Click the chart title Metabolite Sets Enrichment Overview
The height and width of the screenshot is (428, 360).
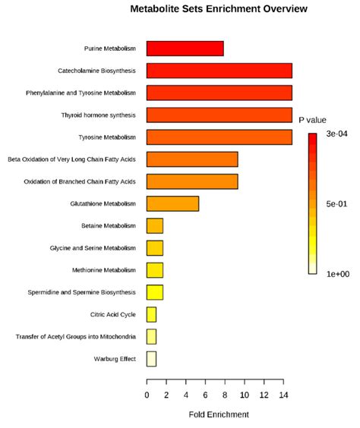[208, 9]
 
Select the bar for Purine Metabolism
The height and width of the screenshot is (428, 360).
[185, 49]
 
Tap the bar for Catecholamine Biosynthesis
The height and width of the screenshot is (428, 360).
[219, 71]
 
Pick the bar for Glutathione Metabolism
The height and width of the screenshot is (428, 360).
[172, 203]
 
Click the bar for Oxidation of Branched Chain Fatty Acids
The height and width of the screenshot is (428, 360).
[192, 181]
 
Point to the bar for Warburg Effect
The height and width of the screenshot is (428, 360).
[151, 358]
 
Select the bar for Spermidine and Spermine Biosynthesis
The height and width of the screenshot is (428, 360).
[155, 292]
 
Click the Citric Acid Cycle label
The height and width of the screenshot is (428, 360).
[113, 314]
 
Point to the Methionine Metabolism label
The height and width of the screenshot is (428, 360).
[105, 270]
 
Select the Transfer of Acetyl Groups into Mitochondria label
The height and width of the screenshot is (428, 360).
[76, 336]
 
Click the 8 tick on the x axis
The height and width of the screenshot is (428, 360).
[225, 395]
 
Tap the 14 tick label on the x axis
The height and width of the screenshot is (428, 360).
[283, 395]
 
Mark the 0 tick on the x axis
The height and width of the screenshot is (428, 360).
[147, 395]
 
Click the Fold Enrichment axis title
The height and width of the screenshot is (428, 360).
[219, 415]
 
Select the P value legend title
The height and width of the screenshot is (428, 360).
[312, 120]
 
